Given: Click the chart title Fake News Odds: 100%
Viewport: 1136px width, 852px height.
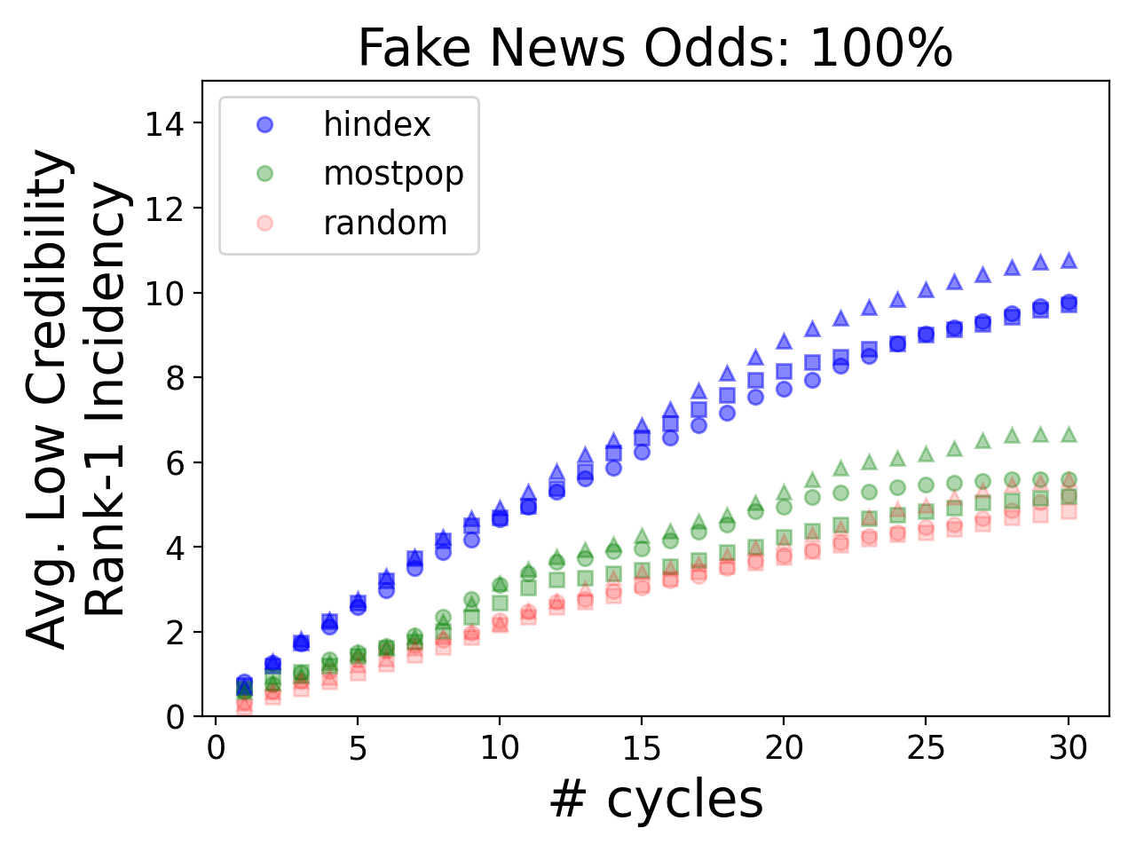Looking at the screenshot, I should (655, 49).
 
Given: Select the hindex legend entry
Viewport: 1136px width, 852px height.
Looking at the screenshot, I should (376, 124).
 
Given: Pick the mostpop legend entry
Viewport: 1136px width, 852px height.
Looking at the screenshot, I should (393, 174).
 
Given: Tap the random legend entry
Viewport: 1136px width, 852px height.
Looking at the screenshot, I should (385, 224).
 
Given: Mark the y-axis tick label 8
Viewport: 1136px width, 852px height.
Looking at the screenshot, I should (175, 378).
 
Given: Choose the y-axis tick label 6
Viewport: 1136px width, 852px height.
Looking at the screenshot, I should (175, 463).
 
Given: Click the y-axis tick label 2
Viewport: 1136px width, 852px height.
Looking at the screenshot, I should (175, 633).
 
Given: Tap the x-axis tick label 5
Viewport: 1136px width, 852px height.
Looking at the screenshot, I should (358, 748).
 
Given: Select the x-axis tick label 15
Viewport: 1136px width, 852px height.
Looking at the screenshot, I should (642, 748).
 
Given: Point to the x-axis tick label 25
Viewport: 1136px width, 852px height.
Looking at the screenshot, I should (926, 748).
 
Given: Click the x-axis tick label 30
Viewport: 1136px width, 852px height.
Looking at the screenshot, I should (1069, 748).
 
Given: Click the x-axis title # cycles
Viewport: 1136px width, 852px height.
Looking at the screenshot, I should (655, 799).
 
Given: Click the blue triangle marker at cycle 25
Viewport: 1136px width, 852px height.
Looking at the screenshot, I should (926, 289).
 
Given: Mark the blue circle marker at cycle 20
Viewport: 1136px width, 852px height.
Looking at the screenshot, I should (784, 389).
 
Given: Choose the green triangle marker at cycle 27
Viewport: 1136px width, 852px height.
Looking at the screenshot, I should (982, 440).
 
